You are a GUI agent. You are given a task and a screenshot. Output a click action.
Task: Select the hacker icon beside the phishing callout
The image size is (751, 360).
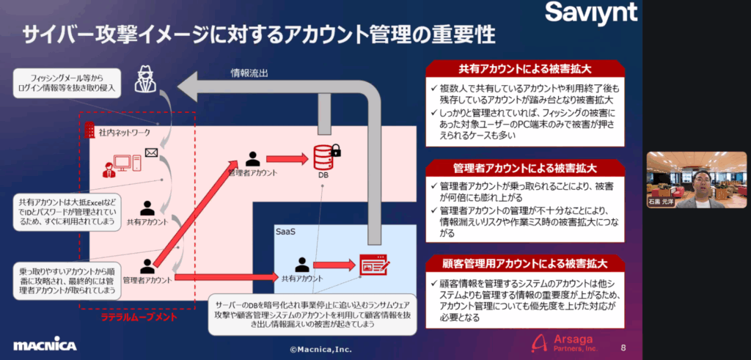coord(145,78)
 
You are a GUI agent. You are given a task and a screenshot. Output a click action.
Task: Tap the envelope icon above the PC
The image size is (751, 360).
coord(152,153)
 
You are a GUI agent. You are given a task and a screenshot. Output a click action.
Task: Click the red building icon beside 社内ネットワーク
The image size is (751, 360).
coord(90,131)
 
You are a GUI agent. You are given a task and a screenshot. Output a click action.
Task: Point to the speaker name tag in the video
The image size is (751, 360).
coord(662,202)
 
